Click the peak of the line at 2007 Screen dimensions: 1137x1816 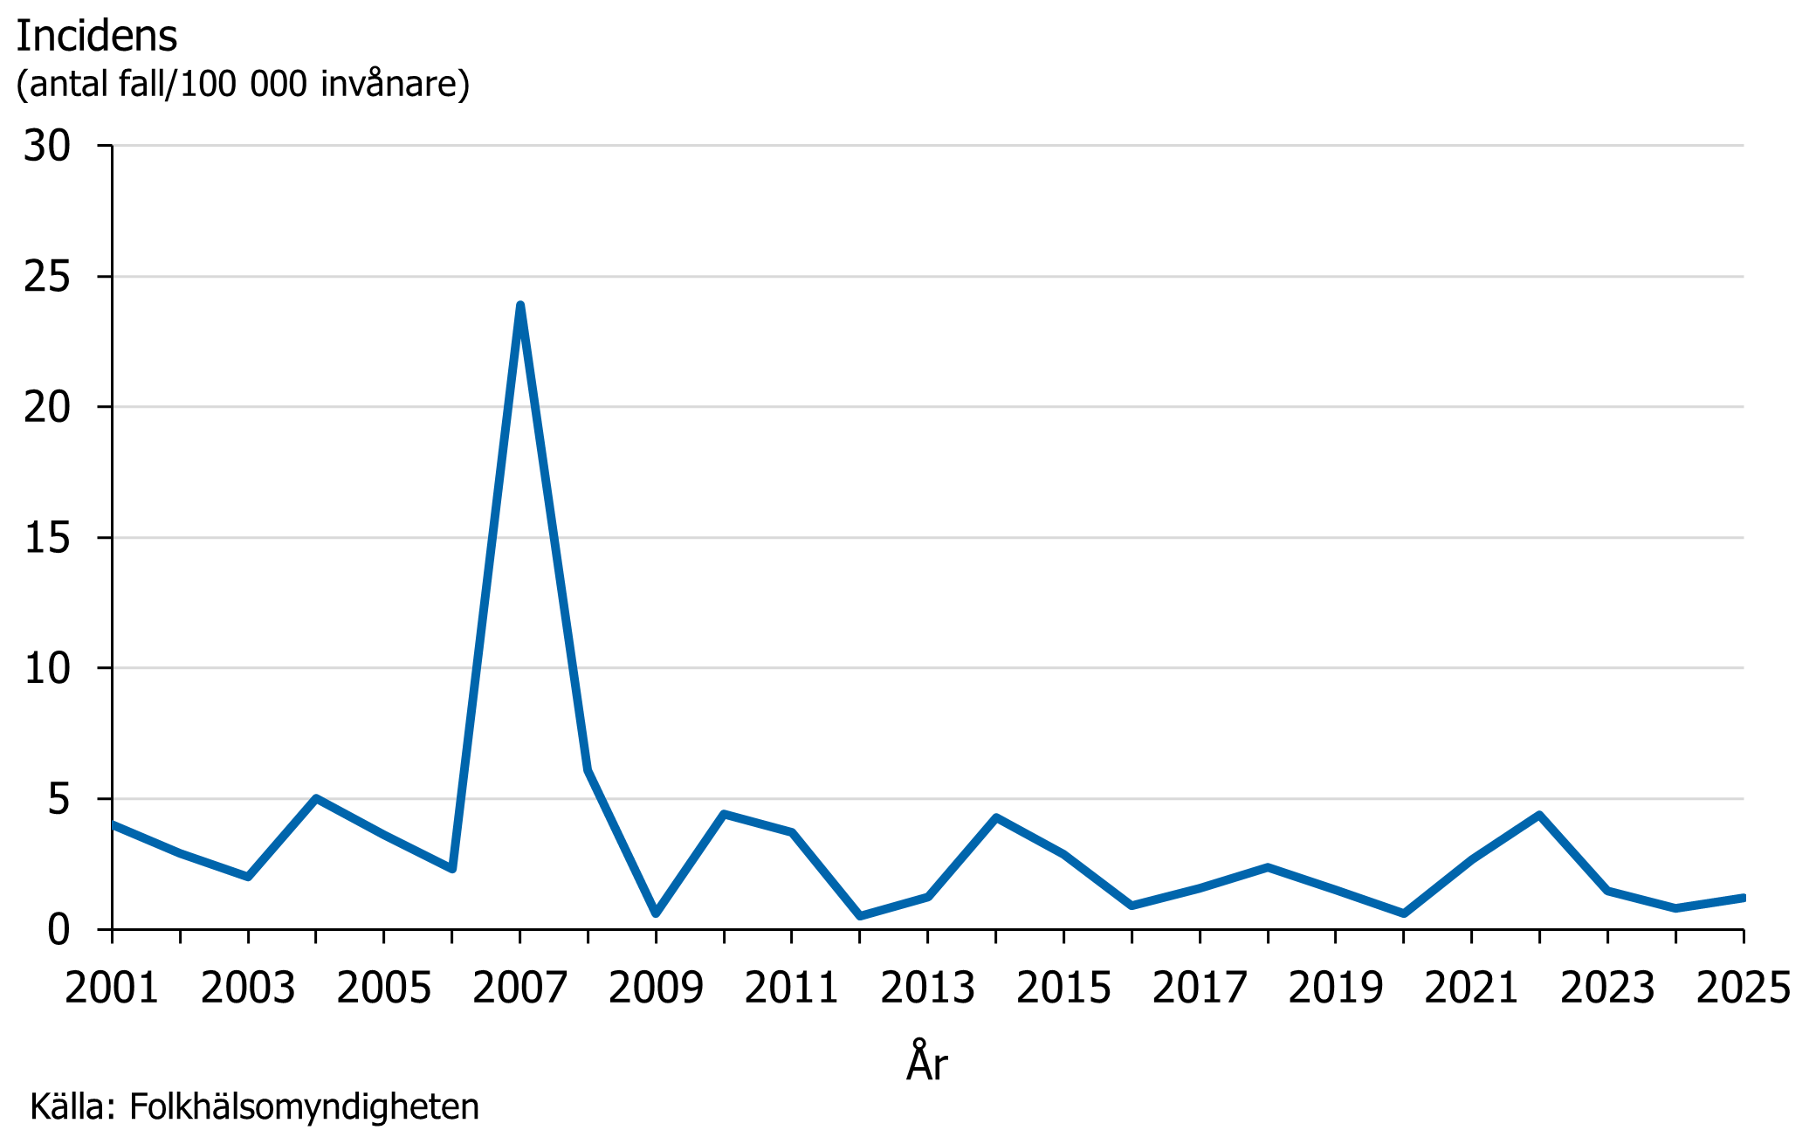(x=520, y=306)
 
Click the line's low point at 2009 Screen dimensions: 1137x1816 (x=656, y=913)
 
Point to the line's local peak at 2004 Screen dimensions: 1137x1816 (x=316, y=798)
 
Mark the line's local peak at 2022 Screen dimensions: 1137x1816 (x=1539, y=815)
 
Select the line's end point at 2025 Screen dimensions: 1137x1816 (x=1742, y=898)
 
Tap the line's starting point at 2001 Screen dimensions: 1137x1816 (x=113, y=824)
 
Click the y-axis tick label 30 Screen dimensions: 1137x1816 (x=47, y=146)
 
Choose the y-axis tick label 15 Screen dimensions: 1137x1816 (x=47, y=538)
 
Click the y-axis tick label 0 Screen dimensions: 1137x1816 (x=58, y=930)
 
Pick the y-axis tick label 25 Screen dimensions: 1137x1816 (x=47, y=277)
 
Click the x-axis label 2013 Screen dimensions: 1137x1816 (x=927, y=988)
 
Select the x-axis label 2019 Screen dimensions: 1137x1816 (x=1335, y=988)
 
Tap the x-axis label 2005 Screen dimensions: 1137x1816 (x=383, y=988)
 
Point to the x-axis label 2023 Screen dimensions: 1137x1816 (x=1607, y=988)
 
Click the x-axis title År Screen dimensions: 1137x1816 (x=926, y=1062)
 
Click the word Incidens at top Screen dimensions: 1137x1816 (x=97, y=36)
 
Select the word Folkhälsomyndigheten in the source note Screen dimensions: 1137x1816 (x=304, y=1106)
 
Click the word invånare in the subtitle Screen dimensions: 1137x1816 (x=395, y=84)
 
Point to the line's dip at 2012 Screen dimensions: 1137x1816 (x=860, y=916)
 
